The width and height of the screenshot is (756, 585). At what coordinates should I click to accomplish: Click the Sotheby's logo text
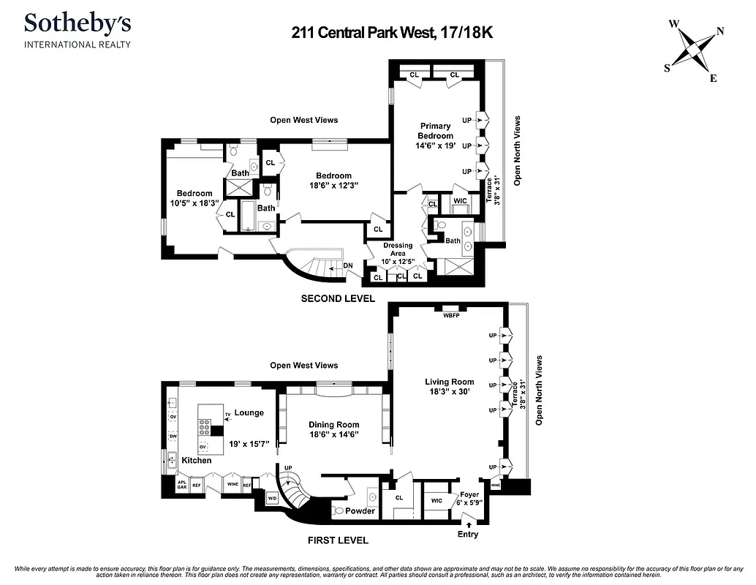[78, 23]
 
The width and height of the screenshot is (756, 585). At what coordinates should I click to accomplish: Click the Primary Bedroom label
[435, 131]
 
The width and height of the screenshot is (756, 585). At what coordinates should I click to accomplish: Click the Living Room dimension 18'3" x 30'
[449, 392]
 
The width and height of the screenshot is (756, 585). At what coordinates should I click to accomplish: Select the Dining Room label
[333, 424]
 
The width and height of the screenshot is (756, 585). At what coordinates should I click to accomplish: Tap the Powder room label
[360, 510]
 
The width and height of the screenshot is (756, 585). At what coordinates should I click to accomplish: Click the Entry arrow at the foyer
[468, 522]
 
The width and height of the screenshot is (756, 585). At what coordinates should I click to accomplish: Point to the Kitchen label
[196, 460]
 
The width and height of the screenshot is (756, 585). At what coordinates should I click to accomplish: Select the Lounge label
[249, 412]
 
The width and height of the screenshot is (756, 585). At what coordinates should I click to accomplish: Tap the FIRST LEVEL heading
[337, 540]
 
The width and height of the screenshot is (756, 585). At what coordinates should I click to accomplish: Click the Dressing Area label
[398, 249]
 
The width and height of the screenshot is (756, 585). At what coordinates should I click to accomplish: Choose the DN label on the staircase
[347, 265]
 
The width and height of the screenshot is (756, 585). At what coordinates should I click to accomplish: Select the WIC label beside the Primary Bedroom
[460, 200]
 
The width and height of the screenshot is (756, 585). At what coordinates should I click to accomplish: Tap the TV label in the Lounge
[227, 415]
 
